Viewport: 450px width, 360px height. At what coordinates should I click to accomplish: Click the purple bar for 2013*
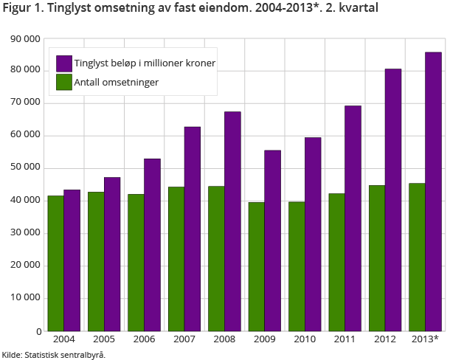pos(433,191)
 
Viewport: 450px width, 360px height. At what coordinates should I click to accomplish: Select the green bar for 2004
pos(55,263)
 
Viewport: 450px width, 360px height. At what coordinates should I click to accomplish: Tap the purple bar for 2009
pos(272,240)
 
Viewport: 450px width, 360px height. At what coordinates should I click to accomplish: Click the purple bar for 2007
pos(193,229)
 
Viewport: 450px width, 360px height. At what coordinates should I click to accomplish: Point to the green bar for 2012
pos(376,257)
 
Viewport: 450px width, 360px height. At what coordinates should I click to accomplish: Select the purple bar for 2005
pos(112,254)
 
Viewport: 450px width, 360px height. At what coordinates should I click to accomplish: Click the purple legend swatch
pos(63,63)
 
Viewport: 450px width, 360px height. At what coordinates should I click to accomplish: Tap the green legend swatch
pos(63,82)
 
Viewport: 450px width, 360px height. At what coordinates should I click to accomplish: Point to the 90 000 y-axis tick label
pos(27,38)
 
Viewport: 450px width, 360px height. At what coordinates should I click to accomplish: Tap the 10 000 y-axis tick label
pos(27,298)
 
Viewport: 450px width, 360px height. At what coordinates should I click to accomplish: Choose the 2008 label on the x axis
pos(224,339)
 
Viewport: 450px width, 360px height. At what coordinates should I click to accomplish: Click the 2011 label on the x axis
pos(345,339)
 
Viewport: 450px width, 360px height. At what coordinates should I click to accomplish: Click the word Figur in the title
pos(17,9)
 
